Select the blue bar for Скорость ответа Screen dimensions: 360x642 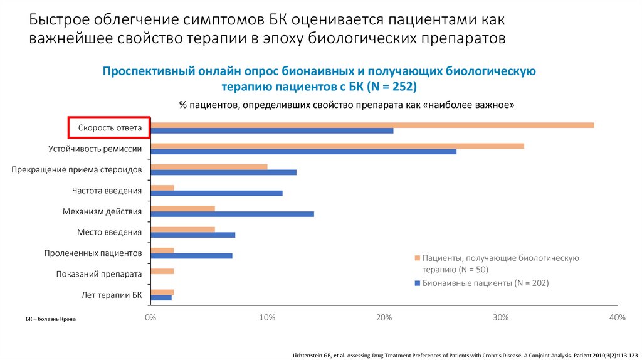[272, 130]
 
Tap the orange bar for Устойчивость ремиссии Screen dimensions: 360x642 [337, 146]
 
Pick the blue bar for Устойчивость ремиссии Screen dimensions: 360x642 [303, 151]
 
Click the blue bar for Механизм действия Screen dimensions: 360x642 [232, 214]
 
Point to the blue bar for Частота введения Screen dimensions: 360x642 [216, 193]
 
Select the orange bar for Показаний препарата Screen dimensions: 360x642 [162, 272]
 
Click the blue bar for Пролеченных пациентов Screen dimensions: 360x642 [191, 256]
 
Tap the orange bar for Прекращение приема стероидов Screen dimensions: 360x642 [209, 167]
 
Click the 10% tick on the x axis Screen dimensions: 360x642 [267, 318]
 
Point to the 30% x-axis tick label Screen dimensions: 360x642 [500, 318]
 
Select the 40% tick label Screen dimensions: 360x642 [617, 318]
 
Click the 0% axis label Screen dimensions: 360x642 [150, 318]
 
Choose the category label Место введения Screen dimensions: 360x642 [109, 232]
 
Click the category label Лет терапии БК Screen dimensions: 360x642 [112, 294]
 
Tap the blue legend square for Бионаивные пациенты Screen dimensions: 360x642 [417, 283]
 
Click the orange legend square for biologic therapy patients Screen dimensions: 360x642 [417, 258]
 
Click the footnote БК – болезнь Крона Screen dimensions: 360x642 [51, 319]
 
